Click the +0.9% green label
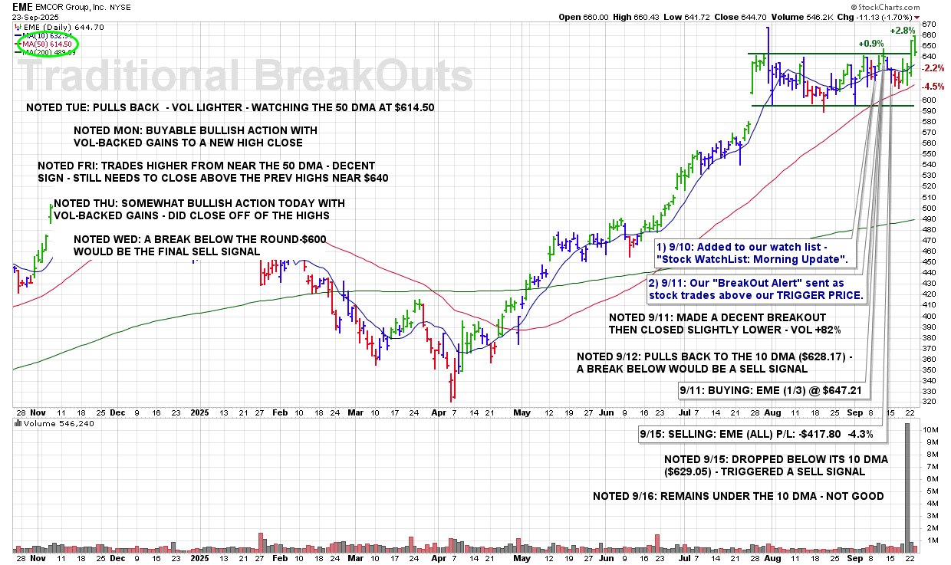(x=870, y=44)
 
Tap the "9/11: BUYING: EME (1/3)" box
(x=772, y=390)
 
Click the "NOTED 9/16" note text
(x=738, y=496)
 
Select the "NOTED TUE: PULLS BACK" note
(x=230, y=107)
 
